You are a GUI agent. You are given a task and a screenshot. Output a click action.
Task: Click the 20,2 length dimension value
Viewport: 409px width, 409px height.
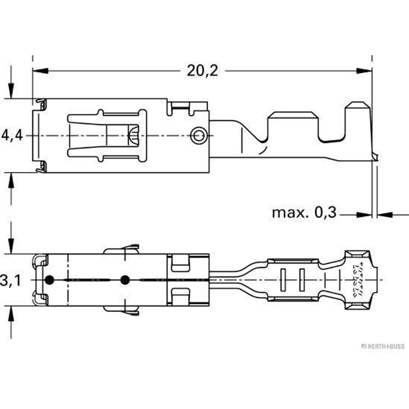click(203, 71)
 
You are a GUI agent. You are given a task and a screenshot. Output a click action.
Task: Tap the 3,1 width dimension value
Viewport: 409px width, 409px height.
click(9, 280)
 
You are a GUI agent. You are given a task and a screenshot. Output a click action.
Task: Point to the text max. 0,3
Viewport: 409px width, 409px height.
click(304, 213)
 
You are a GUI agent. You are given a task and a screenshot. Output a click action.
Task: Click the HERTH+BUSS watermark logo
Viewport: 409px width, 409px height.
click(383, 346)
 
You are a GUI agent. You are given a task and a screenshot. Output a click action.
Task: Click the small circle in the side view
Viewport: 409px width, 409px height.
click(199, 135)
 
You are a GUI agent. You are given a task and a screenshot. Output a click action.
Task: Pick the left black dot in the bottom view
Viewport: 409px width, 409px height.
click(49, 280)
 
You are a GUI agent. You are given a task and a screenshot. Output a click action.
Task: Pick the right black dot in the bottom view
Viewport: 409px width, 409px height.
click(125, 280)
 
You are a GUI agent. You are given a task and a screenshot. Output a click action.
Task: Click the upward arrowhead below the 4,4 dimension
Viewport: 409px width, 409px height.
click(11, 180)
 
